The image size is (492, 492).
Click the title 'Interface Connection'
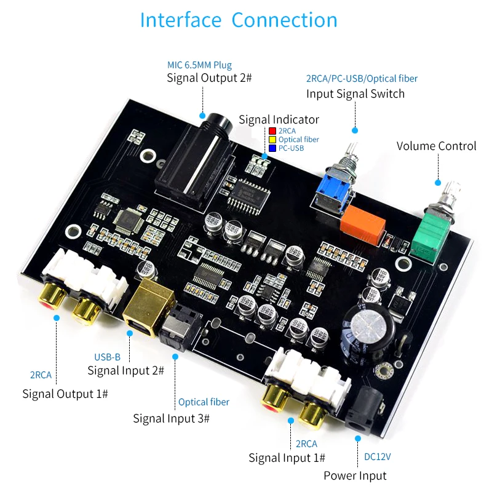(x=239, y=20)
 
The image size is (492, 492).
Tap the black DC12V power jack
(x=365, y=407)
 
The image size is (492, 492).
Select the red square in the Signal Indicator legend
(x=272, y=131)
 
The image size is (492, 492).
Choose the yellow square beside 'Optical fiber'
(x=272, y=140)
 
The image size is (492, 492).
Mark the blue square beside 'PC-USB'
(x=272, y=148)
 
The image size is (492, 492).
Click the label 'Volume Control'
(x=436, y=146)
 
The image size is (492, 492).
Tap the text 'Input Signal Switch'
(x=355, y=94)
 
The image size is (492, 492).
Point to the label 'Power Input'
(x=355, y=475)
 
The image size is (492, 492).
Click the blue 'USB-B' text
(x=107, y=357)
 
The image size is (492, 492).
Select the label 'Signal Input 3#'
(x=171, y=418)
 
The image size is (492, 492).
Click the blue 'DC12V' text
(x=378, y=457)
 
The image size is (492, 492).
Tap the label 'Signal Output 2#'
(x=209, y=78)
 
